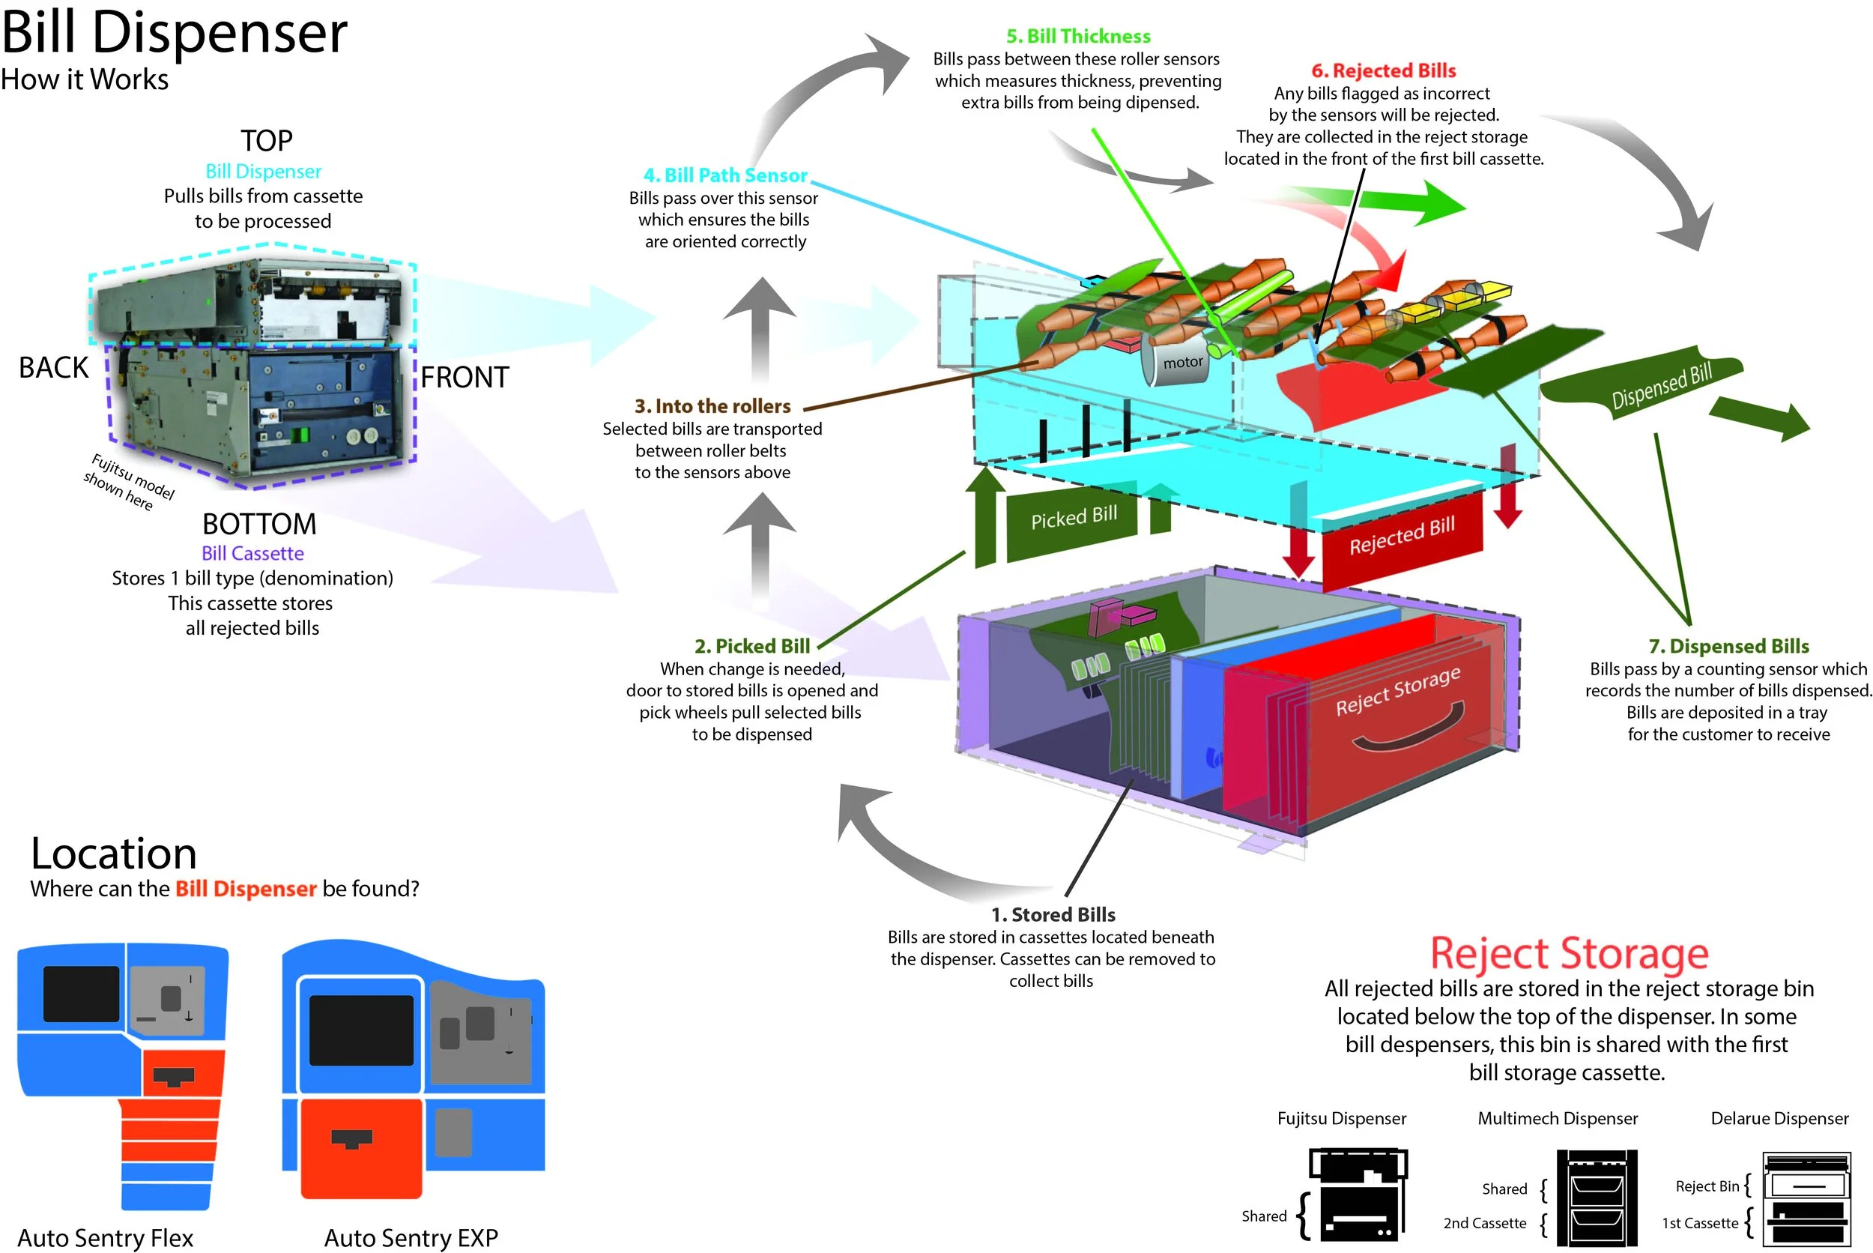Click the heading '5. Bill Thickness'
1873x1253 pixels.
point(1077,36)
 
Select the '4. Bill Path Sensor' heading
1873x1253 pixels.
point(725,175)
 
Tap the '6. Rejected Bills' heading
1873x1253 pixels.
point(1382,70)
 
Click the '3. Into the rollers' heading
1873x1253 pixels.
point(712,406)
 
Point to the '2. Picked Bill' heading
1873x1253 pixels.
point(751,646)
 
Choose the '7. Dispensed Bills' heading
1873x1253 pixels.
point(1728,646)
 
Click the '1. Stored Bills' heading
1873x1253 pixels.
point(1053,914)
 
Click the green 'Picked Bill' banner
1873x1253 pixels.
point(1073,519)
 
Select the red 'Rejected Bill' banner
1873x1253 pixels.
point(1402,535)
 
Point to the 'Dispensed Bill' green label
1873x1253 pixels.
point(1660,385)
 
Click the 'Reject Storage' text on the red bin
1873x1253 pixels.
point(1398,689)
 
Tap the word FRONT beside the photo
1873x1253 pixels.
point(464,377)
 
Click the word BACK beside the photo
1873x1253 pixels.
point(53,368)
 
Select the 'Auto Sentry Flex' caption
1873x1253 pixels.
point(106,1237)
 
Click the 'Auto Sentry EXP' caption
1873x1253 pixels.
point(411,1237)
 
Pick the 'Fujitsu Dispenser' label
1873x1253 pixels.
point(1341,1118)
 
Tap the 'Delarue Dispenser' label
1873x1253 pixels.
point(1779,1118)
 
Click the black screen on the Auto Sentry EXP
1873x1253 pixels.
point(361,1030)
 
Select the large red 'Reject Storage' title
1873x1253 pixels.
point(1568,953)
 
